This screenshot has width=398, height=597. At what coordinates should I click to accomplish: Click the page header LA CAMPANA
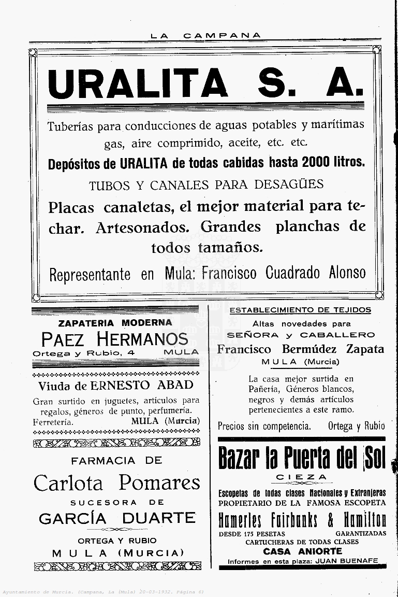tap(205, 35)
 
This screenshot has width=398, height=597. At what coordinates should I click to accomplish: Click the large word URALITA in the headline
tap(137, 83)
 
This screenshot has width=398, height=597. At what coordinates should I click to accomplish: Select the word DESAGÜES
tap(296, 184)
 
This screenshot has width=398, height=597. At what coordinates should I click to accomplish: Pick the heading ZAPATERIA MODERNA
tap(115, 322)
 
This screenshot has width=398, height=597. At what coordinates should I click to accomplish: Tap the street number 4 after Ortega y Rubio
tap(132, 352)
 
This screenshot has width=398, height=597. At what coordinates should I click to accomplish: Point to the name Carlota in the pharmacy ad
tap(68, 482)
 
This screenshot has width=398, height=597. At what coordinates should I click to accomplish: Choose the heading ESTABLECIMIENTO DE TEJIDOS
tap(300, 310)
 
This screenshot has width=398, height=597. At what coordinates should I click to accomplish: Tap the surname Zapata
tap(365, 349)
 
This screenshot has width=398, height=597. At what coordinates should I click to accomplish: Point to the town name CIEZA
tap(301, 477)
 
